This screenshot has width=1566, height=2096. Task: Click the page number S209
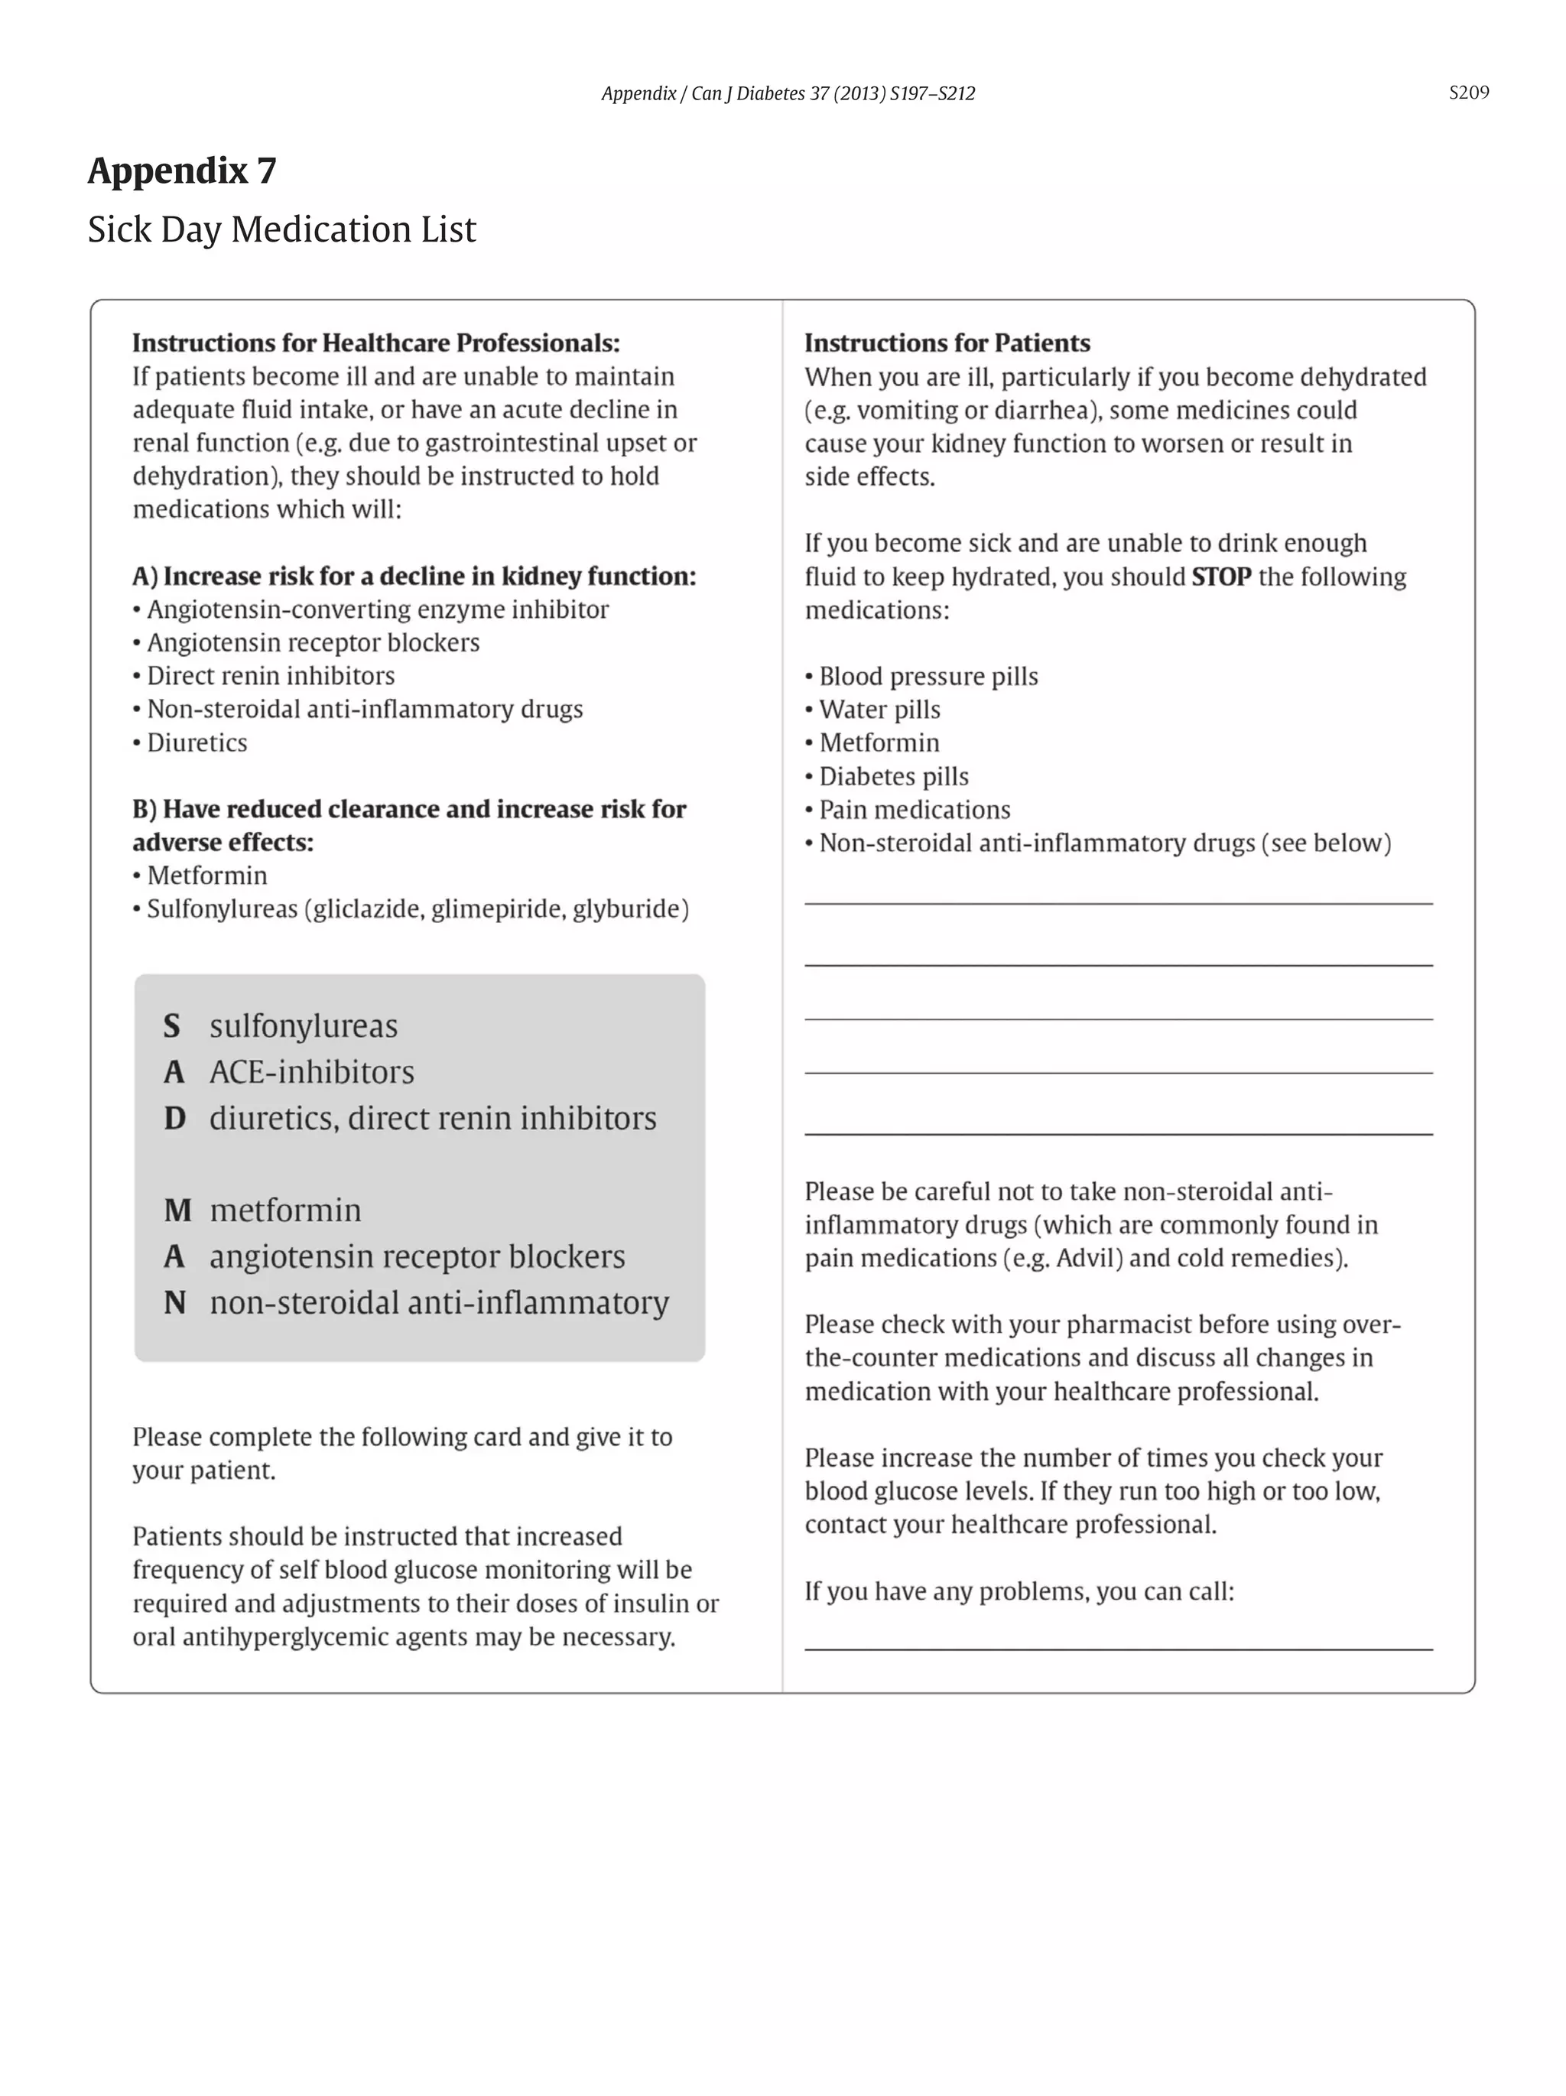point(1467,92)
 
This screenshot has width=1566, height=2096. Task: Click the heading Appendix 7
point(182,171)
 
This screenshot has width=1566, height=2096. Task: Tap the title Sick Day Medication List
point(281,229)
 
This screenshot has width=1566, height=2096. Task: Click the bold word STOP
point(1220,576)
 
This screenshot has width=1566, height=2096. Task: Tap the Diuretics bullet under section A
point(196,742)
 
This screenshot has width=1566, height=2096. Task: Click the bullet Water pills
point(879,709)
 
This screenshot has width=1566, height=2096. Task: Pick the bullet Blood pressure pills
point(927,676)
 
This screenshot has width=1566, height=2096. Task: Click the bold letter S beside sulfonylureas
point(171,1025)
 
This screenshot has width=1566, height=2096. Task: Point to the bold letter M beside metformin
point(177,1210)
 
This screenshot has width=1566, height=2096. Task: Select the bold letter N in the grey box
point(174,1302)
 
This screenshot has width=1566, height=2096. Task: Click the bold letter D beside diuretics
point(174,1118)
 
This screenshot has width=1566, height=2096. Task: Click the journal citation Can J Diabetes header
point(788,93)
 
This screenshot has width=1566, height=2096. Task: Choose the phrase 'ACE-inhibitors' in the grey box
point(312,1071)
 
